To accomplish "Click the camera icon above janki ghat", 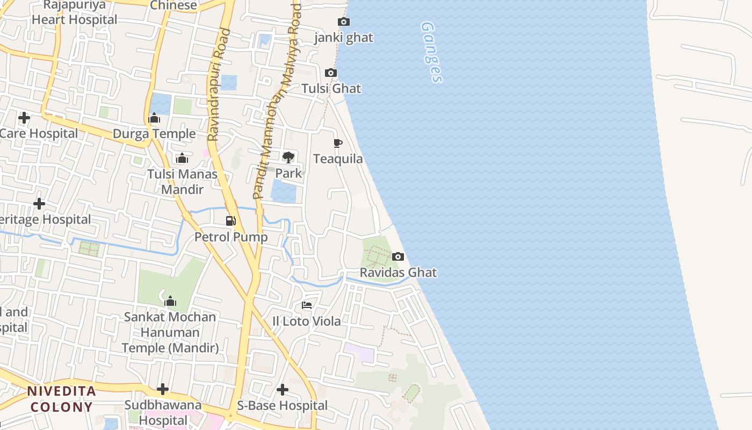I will coord(343,22).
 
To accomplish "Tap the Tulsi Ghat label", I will coord(331,89).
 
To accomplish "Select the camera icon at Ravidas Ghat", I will coord(398,257).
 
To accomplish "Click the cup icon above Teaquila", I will coord(337,143).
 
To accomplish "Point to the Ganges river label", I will coord(432,52).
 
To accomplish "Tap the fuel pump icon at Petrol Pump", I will coord(230,220).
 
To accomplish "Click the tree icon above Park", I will coord(288,157).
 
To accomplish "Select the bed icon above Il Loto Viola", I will coord(307,305).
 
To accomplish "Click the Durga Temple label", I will coord(154,134).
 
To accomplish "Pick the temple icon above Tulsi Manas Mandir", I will coord(182,159).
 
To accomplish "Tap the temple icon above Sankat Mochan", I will coord(170,301).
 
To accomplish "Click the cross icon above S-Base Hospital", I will coord(283,390).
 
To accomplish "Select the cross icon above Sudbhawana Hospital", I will coord(163,389).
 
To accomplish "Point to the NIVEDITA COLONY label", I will coord(62,399).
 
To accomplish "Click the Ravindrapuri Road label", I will coord(219,85).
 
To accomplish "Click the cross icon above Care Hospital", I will coord(24,117).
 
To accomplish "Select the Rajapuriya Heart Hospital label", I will coord(75,12).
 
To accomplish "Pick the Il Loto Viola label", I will coord(307,321).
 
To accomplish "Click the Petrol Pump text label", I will coord(231,237).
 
